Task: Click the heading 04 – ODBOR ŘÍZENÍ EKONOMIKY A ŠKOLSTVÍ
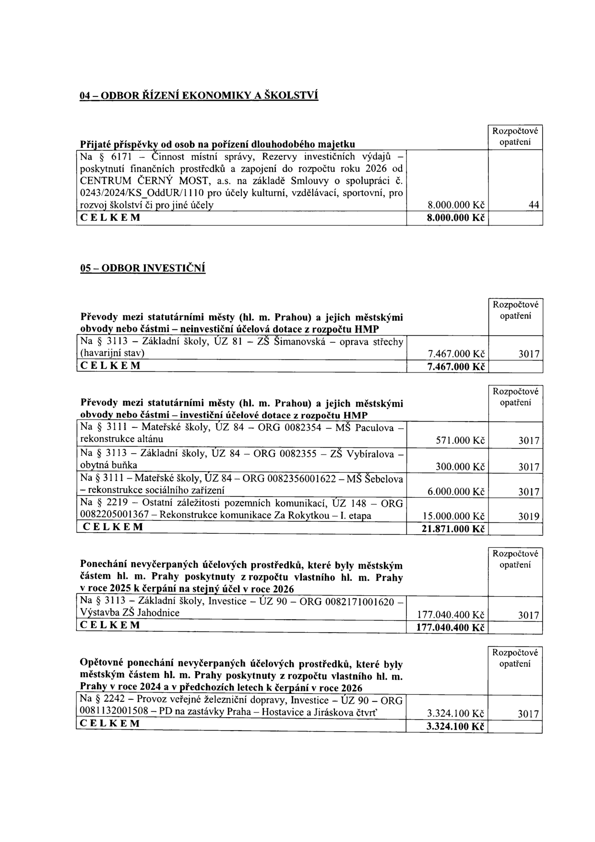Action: (x=199, y=95)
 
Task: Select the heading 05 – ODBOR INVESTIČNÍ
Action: (x=143, y=267)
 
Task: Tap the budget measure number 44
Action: (x=534, y=205)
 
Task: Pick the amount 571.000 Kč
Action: (x=459, y=440)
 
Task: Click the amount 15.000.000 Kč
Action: (x=453, y=517)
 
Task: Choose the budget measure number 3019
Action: (x=529, y=517)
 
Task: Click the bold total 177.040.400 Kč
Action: (x=451, y=627)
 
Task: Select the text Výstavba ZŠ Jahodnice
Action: (x=130, y=613)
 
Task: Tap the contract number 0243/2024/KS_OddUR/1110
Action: (x=143, y=193)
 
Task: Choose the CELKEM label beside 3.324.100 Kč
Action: (x=110, y=723)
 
